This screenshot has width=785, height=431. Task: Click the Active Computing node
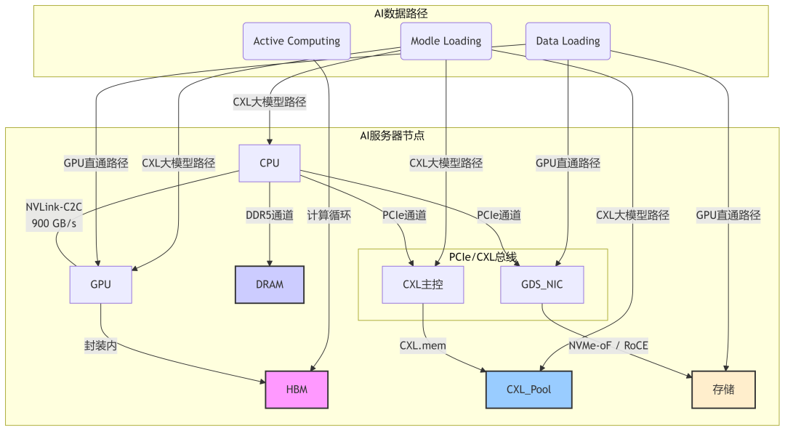pyautogui.click(x=297, y=41)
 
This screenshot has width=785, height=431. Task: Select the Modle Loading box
pyautogui.click(x=446, y=41)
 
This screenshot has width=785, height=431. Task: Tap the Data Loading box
pyautogui.click(x=568, y=41)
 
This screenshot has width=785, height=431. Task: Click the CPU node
pyautogui.click(x=270, y=163)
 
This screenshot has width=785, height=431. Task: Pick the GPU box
pyautogui.click(x=101, y=284)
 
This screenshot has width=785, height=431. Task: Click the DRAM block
pyautogui.click(x=270, y=284)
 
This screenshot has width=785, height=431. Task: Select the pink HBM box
pyautogui.click(x=297, y=389)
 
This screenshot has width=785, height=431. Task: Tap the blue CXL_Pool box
pyautogui.click(x=528, y=389)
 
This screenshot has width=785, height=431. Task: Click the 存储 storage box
pyautogui.click(x=723, y=389)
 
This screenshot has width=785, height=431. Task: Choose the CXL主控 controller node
pyautogui.click(x=423, y=284)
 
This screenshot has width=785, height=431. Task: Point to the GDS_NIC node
pyautogui.click(x=542, y=284)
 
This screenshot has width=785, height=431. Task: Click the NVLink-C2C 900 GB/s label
pyautogui.click(x=55, y=216)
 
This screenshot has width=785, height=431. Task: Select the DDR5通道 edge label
pyautogui.click(x=270, y=215)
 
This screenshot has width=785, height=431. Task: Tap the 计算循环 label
pyautogui.click(x=329, y=215)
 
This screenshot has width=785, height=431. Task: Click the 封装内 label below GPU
pyautogui.click(x=100, y=347)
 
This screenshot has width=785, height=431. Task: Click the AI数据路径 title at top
pyautogui.click(x=400, y=12)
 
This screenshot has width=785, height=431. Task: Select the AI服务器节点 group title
pyautogui.click(x=392, y=135)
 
